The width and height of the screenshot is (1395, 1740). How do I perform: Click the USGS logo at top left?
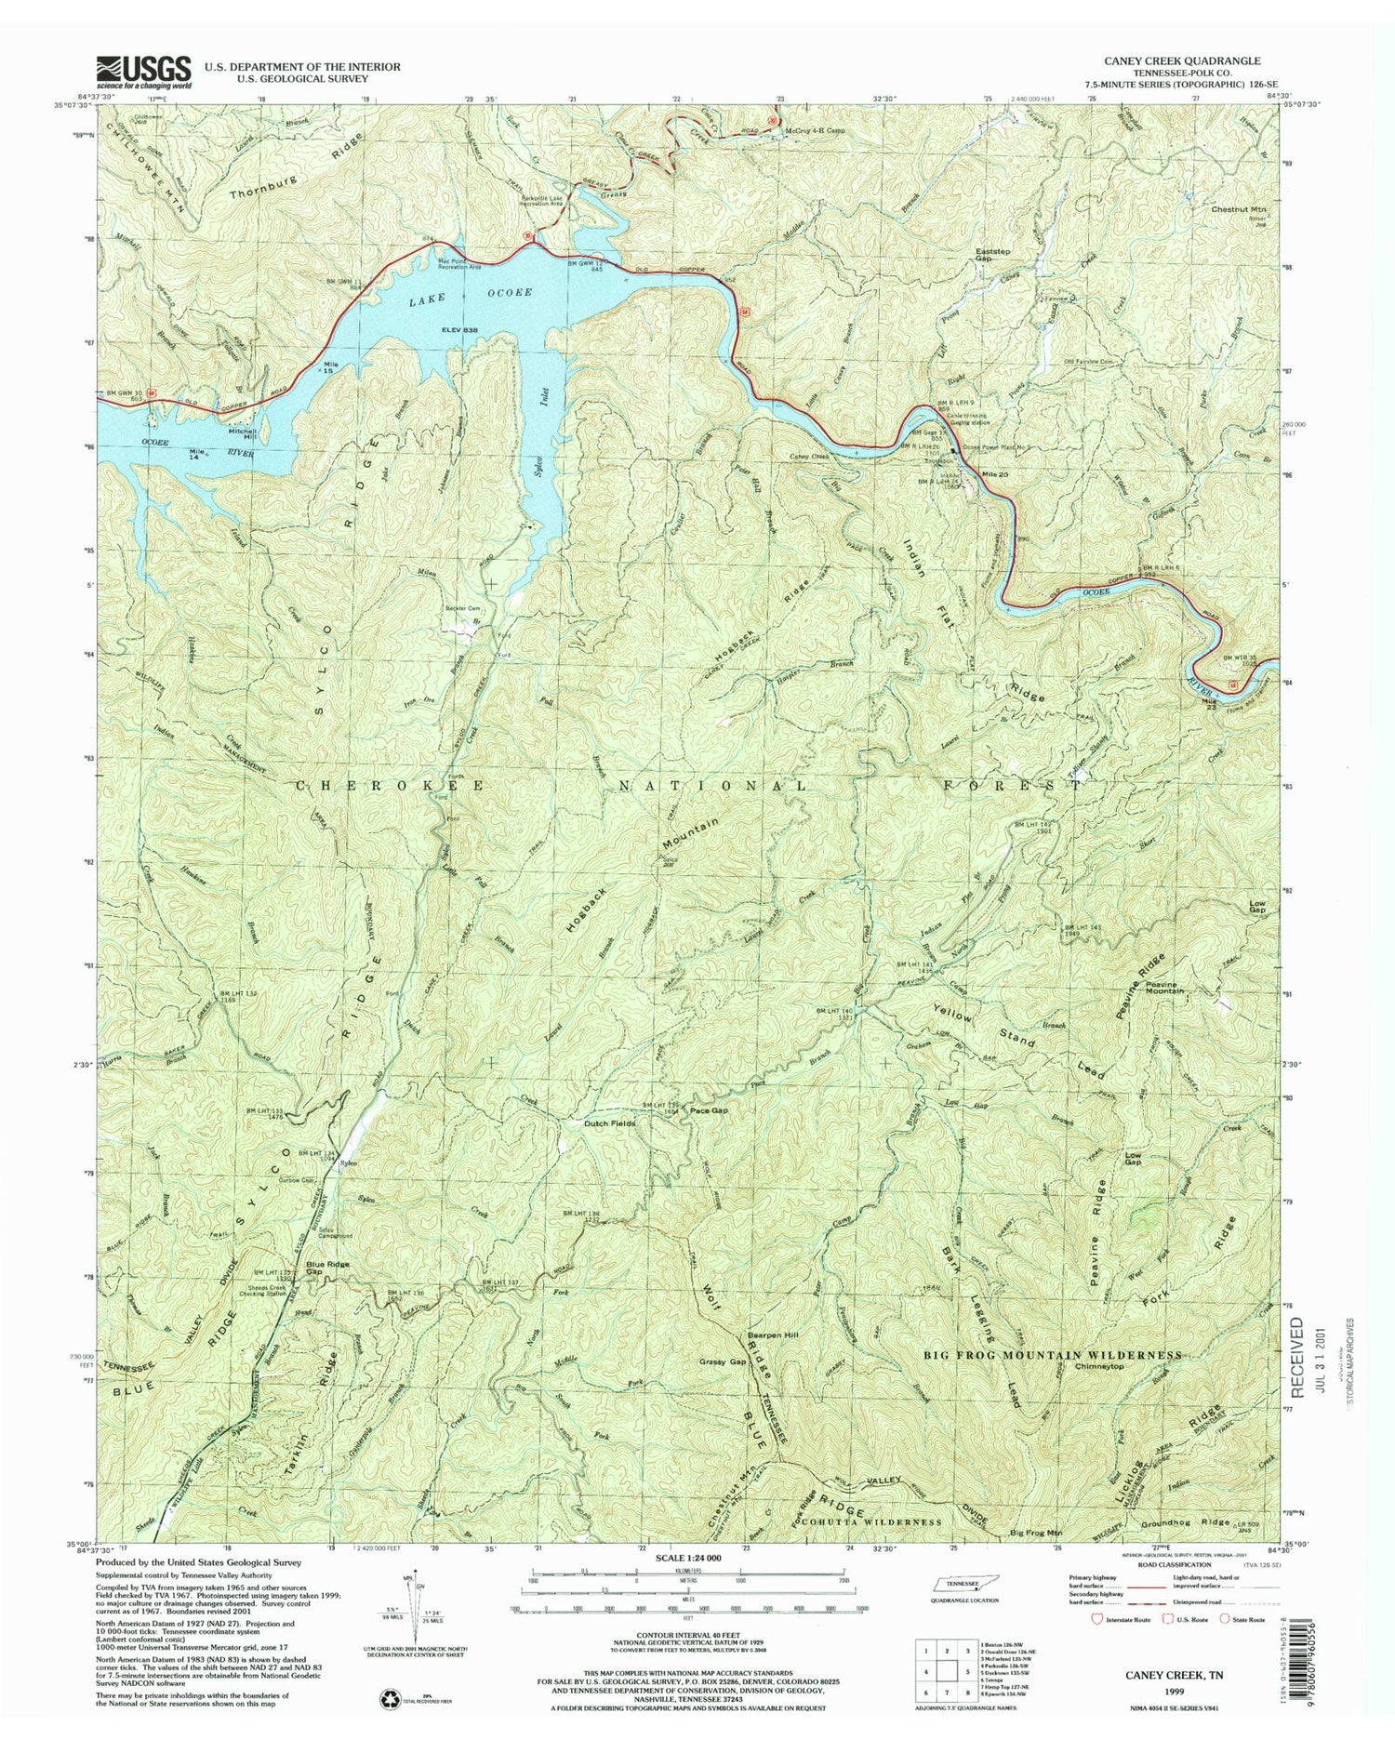pyautogui.click(x=144, y=72)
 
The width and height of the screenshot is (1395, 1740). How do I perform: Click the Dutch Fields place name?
pyautogui.click(x=609, y=1123)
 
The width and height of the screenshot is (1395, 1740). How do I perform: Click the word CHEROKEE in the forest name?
pyautogui.click(x=390, y=786)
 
